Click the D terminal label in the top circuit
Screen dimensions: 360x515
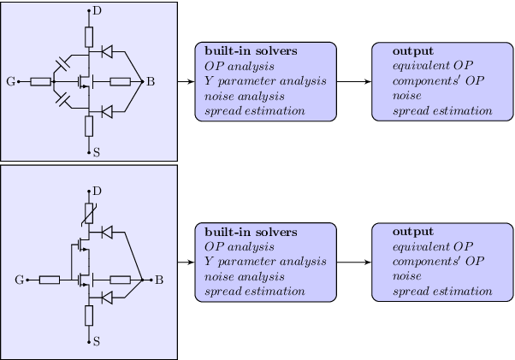(97, 9)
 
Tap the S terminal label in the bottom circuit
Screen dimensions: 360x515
(97, 341)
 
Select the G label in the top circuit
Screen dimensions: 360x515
(10, 82)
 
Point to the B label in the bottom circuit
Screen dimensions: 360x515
(158, 280)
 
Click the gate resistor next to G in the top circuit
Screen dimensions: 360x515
(40, 82)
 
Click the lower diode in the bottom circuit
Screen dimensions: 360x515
(107, 297)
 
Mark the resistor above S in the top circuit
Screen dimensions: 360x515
(89, 127)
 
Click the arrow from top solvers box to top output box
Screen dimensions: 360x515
(354, 82)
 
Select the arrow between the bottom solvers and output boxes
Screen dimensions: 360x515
(354, 262)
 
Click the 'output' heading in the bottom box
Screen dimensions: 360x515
(412, 232)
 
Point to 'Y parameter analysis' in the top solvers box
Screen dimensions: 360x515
(265, 81)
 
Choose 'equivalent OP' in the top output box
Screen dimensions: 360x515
(433, 67)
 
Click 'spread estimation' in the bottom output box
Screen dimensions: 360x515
(442, 292)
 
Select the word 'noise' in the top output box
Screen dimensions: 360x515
(406, 97)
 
